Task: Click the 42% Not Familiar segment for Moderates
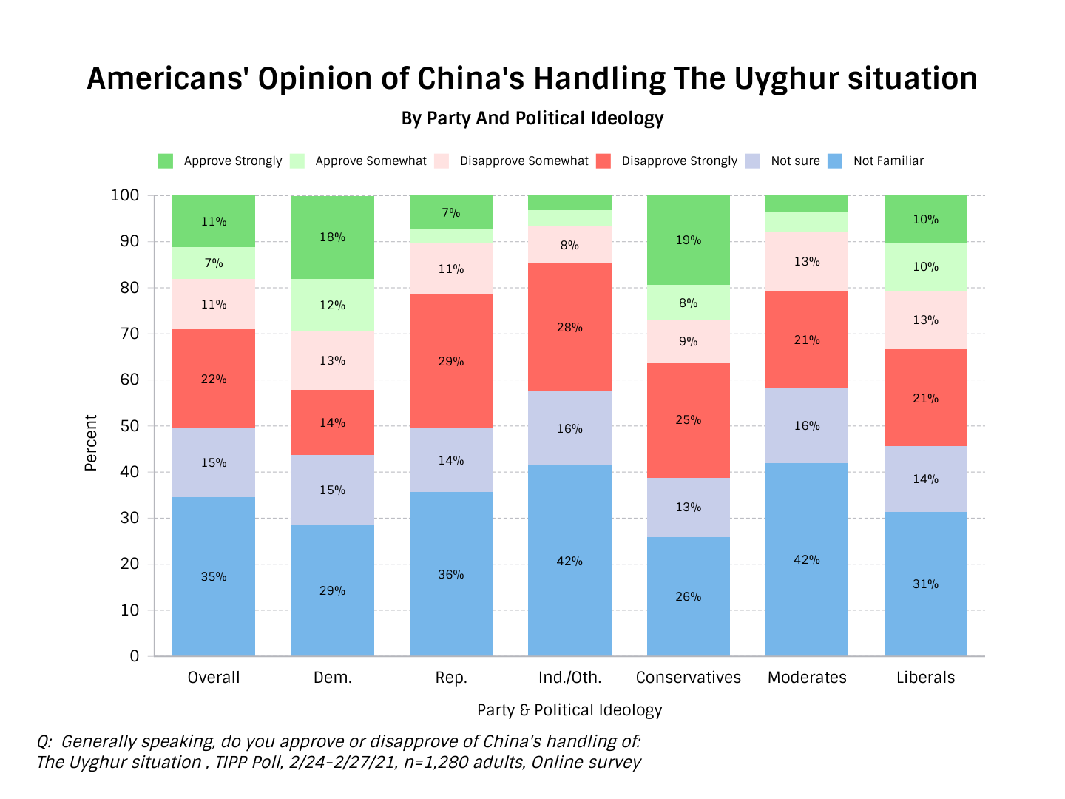[807, 559]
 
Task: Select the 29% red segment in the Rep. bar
[451, 361]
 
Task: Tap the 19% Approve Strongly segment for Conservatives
[688, 240]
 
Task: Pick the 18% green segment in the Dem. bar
[332, 237]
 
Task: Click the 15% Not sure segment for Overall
[214, 462]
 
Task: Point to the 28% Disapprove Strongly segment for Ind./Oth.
[569, 327]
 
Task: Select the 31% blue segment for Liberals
[925, 584]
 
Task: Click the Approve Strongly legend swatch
[166, 161]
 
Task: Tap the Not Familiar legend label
[888, 161]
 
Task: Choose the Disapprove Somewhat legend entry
[524, 161]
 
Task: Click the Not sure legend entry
[795, 161]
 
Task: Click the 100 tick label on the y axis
[124, 195]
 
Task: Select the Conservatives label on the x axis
[688, 678]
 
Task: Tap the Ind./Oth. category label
[569, 678]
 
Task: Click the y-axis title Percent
[91, 443]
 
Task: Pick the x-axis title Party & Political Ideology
[569, 710]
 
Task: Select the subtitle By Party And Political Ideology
[532, 118]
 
